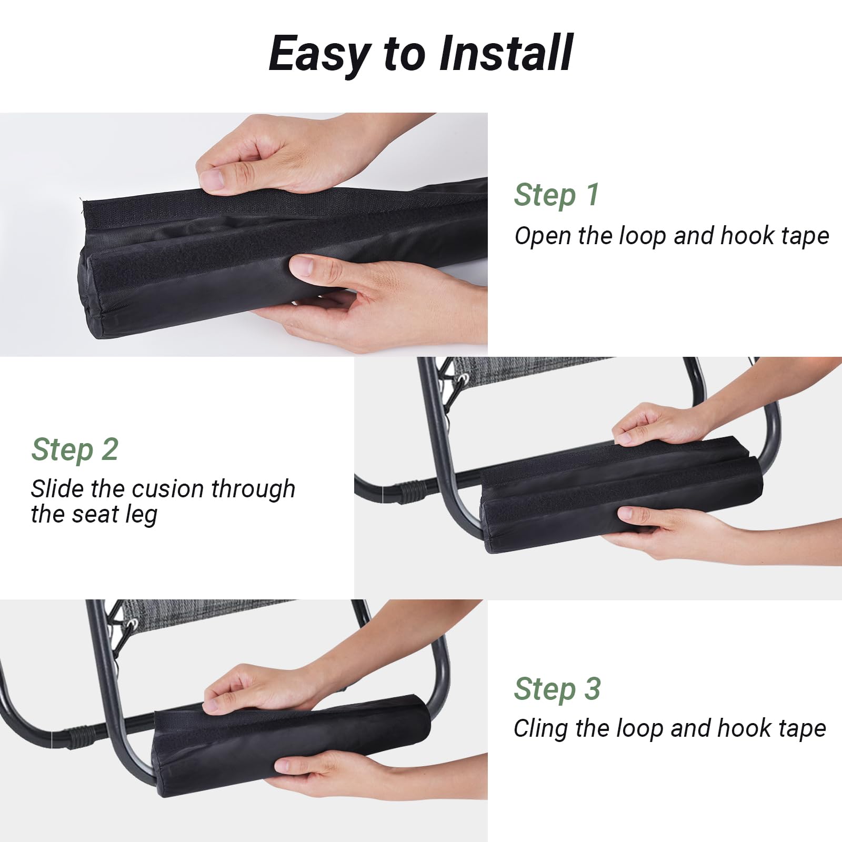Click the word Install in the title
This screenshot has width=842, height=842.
506,53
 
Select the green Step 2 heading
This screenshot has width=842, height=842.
75,450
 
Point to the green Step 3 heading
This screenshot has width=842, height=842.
557,689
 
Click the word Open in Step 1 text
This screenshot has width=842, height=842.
543,236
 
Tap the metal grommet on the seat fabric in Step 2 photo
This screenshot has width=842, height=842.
463,378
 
